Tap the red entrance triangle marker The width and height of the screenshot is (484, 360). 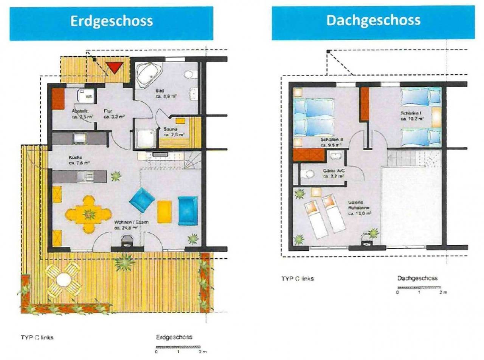click(x=114, y=68)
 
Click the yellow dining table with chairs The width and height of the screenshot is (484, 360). click(x=88, y=214)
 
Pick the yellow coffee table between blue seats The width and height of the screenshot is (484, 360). click(x=164, y=212)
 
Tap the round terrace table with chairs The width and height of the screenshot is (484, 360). click(x=63, y=280)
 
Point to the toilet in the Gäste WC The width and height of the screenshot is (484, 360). click(x=308, y=174)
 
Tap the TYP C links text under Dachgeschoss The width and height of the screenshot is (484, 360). click(x=297, y=279)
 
